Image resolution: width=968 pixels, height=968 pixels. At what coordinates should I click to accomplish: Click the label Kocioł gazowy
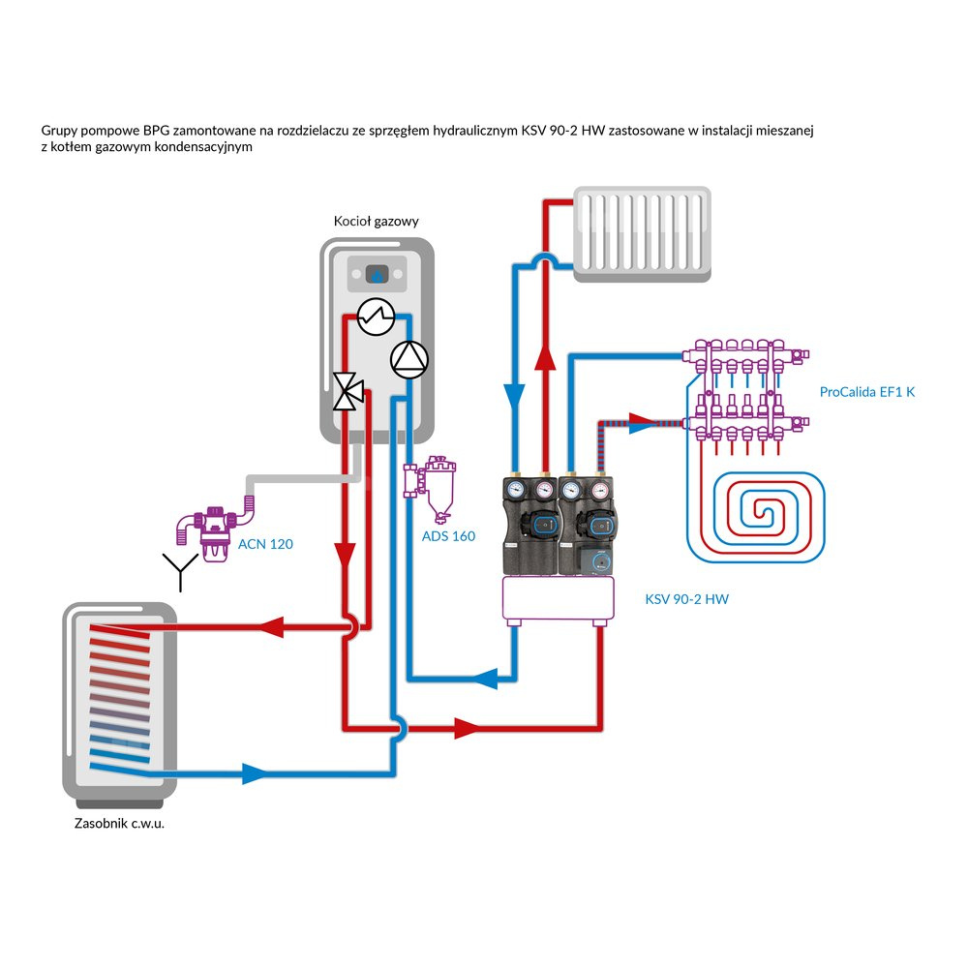pos(376,222)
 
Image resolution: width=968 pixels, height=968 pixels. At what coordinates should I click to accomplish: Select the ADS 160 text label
pos(448,536)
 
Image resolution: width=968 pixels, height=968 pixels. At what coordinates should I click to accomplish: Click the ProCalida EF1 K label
pos(866,392)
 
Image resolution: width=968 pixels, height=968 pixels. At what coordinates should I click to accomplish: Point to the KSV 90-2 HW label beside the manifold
pos(686,599)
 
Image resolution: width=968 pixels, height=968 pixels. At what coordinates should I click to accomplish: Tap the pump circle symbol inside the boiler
pos(408,359)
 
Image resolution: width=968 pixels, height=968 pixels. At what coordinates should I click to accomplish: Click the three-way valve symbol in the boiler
pos(347,391)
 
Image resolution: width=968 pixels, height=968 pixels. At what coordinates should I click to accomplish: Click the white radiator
pos(644,235)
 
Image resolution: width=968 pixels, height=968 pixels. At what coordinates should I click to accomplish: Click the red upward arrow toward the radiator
pos(546,362)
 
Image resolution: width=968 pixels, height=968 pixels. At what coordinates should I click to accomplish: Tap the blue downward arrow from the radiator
pos(514,398)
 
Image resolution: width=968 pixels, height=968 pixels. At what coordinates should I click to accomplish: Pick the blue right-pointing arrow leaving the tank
pos(254,773)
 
